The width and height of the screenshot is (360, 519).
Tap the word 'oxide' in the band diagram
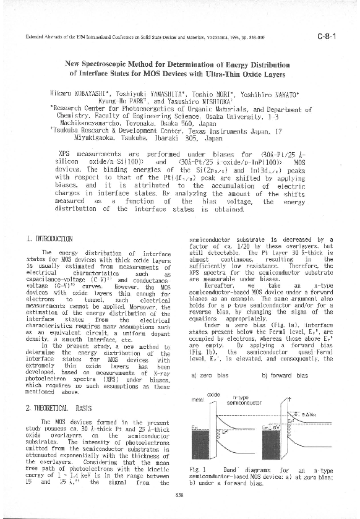point(213,394)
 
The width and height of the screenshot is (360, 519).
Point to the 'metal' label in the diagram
point(198,399)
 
